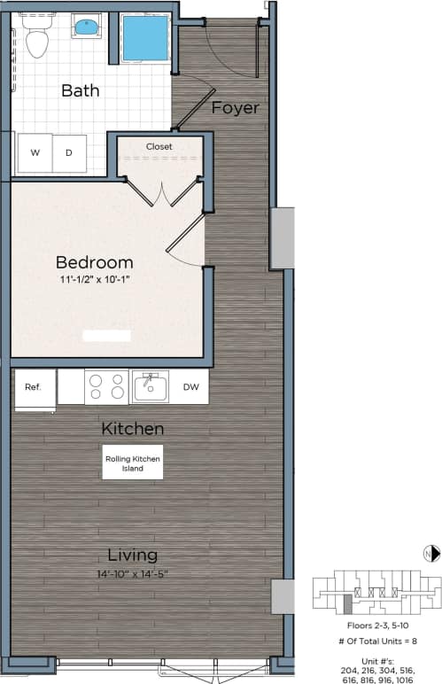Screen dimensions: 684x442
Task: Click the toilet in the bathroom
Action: (37, 39)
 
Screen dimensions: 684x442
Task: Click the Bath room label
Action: (80, 90)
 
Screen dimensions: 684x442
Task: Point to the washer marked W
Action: (35, 153)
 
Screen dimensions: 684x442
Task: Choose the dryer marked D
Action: (69, 153)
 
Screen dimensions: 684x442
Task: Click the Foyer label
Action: (236, 108)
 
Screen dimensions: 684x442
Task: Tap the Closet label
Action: (159, 146)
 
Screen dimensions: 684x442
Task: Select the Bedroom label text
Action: (94, 262)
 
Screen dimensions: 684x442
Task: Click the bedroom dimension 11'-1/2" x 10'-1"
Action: (94, 280)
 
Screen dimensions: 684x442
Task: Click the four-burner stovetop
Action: (107, 387)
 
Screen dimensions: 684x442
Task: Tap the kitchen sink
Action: (151, 387)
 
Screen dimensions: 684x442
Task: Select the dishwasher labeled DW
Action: (190, 387)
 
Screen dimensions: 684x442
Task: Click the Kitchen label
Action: (132, 429)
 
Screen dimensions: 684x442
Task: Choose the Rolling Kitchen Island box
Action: (132, 463)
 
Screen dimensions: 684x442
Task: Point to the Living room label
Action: (132, 556)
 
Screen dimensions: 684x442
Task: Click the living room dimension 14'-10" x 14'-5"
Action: (132, 573)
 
